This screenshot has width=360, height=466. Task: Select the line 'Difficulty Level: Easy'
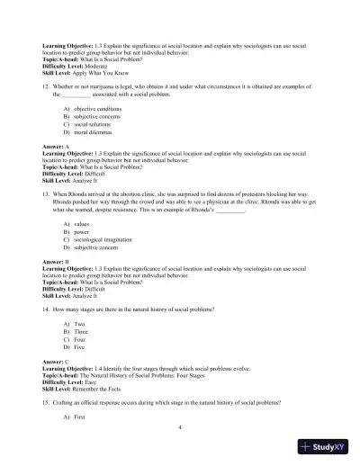(x=76, y=381)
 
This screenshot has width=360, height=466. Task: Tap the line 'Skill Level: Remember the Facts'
(x=87, y=389)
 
